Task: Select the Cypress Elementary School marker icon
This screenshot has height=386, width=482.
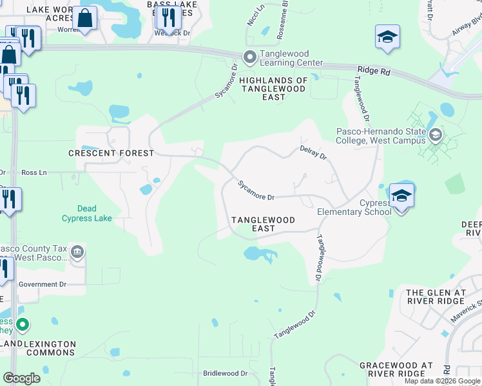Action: tap(401, 196)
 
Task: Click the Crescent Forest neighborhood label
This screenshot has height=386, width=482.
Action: tap(111, 153)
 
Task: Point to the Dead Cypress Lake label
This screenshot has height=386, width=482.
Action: tap(87, 214)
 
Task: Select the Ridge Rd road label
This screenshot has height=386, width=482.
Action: tap(374, 71)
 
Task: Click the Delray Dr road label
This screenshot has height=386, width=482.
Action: tap(314, 152)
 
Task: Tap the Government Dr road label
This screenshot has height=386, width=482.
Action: tap(43, 284)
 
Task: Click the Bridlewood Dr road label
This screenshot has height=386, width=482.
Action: tap(226, 373)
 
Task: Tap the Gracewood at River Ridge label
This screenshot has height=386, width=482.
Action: tap(396, 369)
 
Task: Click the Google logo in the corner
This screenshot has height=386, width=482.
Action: tap(21, 378)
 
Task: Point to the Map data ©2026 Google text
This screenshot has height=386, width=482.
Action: tap(441, 381)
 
